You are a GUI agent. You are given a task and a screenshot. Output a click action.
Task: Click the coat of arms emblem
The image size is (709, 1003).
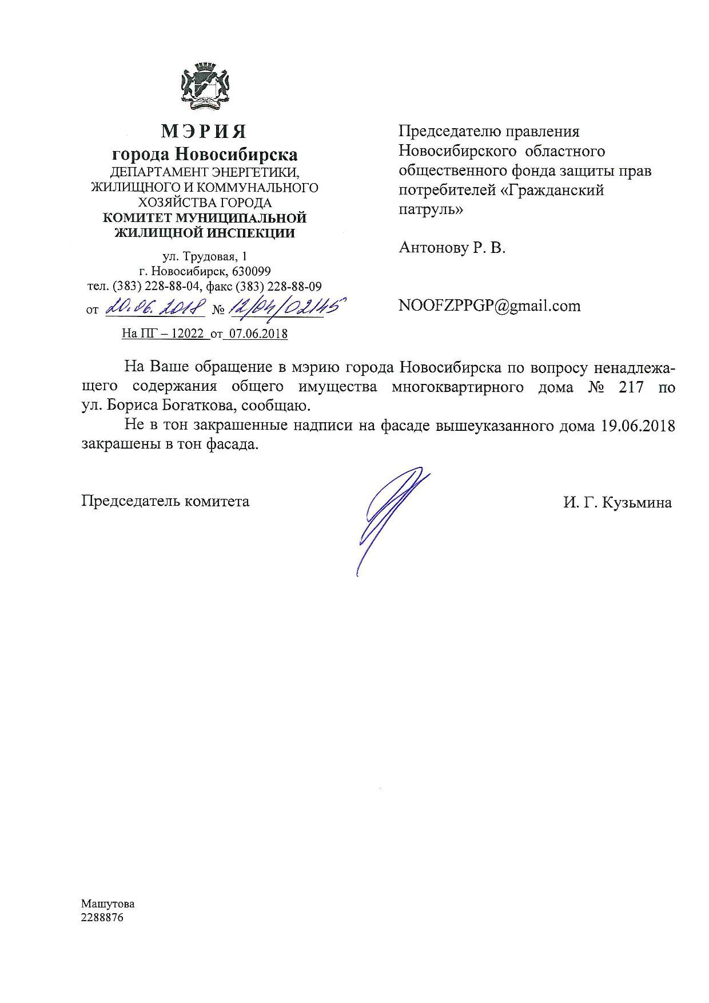tap(205, 85)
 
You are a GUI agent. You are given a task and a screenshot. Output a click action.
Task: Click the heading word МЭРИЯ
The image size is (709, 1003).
tap(204, 132)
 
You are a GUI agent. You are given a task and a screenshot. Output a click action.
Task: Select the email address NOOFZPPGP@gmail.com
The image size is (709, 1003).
tap(489, 306)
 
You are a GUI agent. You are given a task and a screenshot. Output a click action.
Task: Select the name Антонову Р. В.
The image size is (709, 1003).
tap(452, 248)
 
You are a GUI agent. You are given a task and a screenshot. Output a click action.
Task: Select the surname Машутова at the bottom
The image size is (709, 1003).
tap(108, 904)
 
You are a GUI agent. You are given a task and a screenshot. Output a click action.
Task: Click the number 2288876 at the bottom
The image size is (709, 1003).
tap(102, 918)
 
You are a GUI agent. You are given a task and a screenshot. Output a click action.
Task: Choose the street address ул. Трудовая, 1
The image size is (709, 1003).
tap(205, 256)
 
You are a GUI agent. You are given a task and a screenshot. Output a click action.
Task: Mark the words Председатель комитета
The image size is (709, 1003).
tap(165, 501)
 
